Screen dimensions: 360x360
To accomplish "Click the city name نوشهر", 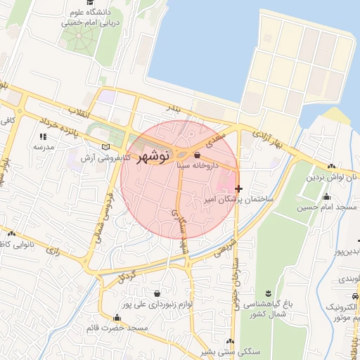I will click(153, 156).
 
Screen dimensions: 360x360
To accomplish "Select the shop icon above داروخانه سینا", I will click(196, 155).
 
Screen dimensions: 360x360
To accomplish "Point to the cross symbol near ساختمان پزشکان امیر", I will click(239, 188).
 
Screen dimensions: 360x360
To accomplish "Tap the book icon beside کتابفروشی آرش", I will click(106, 146).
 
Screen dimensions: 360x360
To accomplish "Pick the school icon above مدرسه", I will click(43, 136).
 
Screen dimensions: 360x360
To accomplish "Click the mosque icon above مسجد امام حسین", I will click(326, 196).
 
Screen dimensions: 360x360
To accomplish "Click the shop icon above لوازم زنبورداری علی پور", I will click(156, 293).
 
